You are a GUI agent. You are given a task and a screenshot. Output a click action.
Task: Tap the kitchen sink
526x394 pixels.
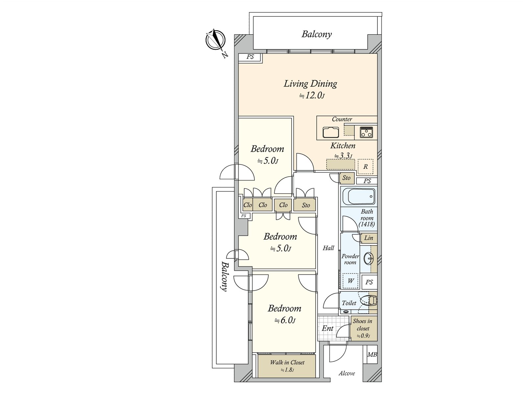331,132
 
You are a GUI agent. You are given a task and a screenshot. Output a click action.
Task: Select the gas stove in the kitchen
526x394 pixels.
367,132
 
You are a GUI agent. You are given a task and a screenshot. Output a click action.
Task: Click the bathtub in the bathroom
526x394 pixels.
359,196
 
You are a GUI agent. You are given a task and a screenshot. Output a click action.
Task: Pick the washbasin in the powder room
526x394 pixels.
368,259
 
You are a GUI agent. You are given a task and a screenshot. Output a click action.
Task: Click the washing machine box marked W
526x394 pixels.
350,281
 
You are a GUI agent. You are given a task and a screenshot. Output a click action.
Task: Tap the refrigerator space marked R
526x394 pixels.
366,166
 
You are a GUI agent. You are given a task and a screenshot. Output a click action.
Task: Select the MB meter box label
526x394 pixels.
372,355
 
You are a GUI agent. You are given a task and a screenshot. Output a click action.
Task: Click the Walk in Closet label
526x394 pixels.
287,362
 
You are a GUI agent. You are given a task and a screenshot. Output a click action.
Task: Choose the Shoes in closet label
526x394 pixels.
363,325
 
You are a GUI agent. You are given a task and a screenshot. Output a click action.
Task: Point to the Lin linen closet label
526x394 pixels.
369,238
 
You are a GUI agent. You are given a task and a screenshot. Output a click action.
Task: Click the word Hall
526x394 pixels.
328,248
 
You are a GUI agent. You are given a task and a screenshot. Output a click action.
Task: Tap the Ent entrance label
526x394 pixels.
327,328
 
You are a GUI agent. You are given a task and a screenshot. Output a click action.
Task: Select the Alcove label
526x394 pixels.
347,373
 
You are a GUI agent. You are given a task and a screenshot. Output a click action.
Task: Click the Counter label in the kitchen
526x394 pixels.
342,119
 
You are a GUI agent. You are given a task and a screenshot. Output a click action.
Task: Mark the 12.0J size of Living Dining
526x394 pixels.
312,96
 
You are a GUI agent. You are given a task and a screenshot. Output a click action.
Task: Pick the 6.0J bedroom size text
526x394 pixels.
285,320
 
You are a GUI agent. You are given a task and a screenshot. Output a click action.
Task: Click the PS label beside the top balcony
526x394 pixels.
250,57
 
